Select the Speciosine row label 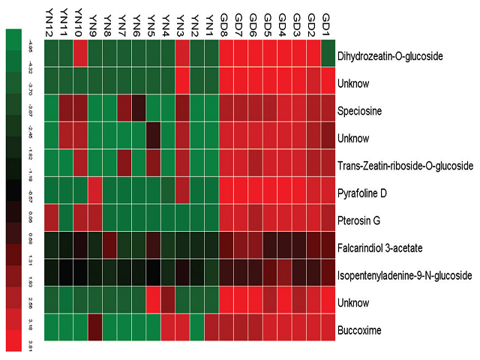(360, 109)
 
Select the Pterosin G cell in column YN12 (51, 218)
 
